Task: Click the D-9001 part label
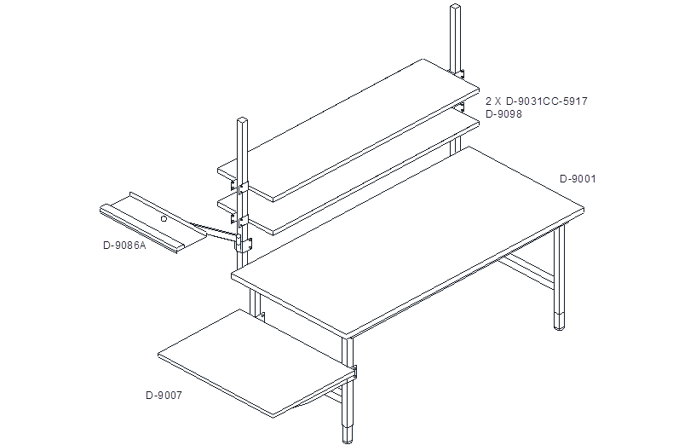578,179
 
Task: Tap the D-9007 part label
164,396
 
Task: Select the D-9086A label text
124,246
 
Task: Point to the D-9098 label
503,114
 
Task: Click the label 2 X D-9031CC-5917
537,101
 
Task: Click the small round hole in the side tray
164,219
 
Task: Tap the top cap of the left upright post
242,120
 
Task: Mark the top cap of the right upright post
456,7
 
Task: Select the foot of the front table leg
347,434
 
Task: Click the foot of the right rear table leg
560,321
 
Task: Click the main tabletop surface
407,240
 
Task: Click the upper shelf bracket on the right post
460,73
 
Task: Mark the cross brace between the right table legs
526,269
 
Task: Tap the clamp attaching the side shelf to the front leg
354,373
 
